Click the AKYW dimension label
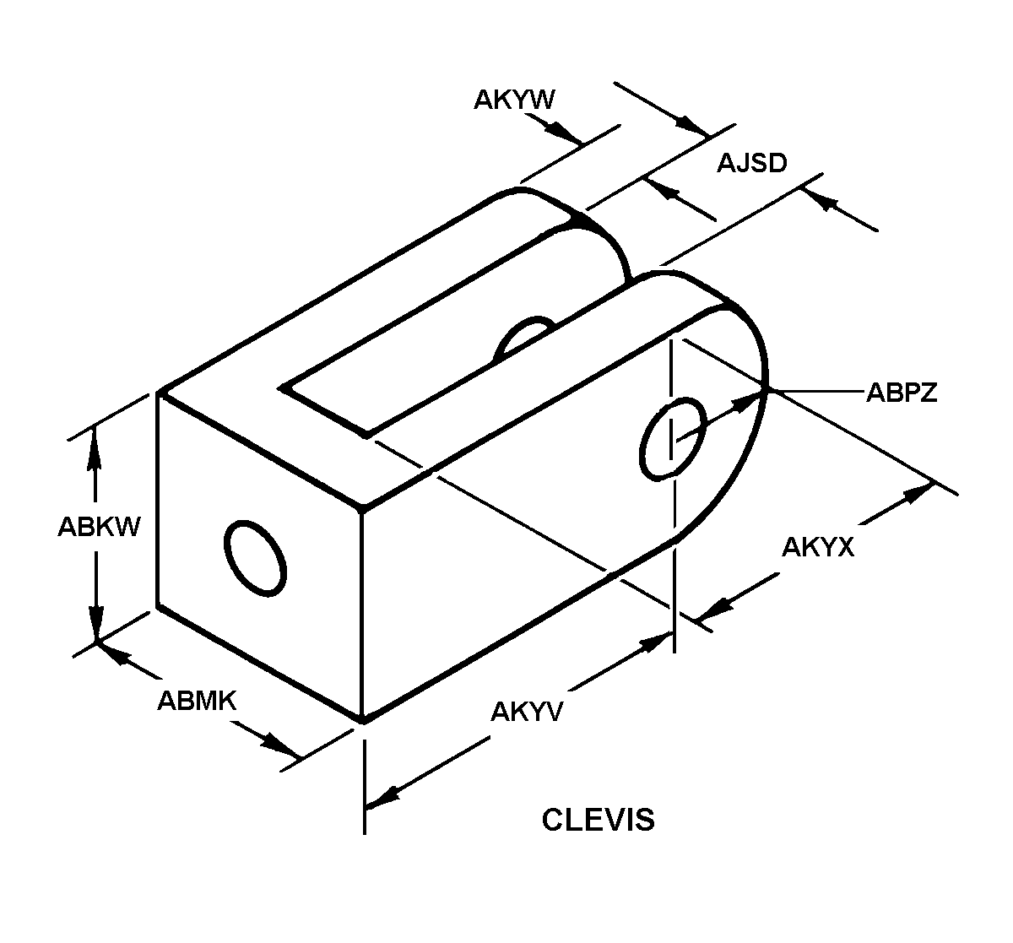(513, 100)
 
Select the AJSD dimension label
(752, 163)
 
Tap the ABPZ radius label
(902, 393)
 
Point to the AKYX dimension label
(818, 548)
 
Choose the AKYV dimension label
(527, 712)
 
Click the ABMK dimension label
(197, 701)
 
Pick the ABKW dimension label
(99, 527)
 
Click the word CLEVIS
(598, 820)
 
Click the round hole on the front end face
(255, 558)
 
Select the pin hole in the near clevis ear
(674, 439)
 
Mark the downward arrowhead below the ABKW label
(95, 622)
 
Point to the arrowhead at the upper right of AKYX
(917, 494)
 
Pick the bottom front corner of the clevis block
(363, 720)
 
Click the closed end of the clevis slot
(323, 412)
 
